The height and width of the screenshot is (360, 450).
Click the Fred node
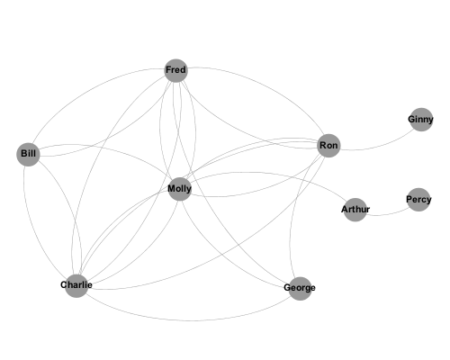coord(176,70)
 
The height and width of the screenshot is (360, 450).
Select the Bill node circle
coord(28,154)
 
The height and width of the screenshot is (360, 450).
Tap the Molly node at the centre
coord(180,189)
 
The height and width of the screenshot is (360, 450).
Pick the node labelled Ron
coord(328,146)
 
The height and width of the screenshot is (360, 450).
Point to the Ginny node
coord(421,120)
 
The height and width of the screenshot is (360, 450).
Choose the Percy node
coord(418,200)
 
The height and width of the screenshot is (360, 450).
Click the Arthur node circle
coord(355,210)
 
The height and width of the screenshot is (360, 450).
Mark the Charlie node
coord(76,285)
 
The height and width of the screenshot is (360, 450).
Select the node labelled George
coord(300,288)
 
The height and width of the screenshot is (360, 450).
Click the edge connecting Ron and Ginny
coord(381,145)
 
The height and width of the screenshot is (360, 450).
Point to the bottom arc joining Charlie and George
coord(189,320)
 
